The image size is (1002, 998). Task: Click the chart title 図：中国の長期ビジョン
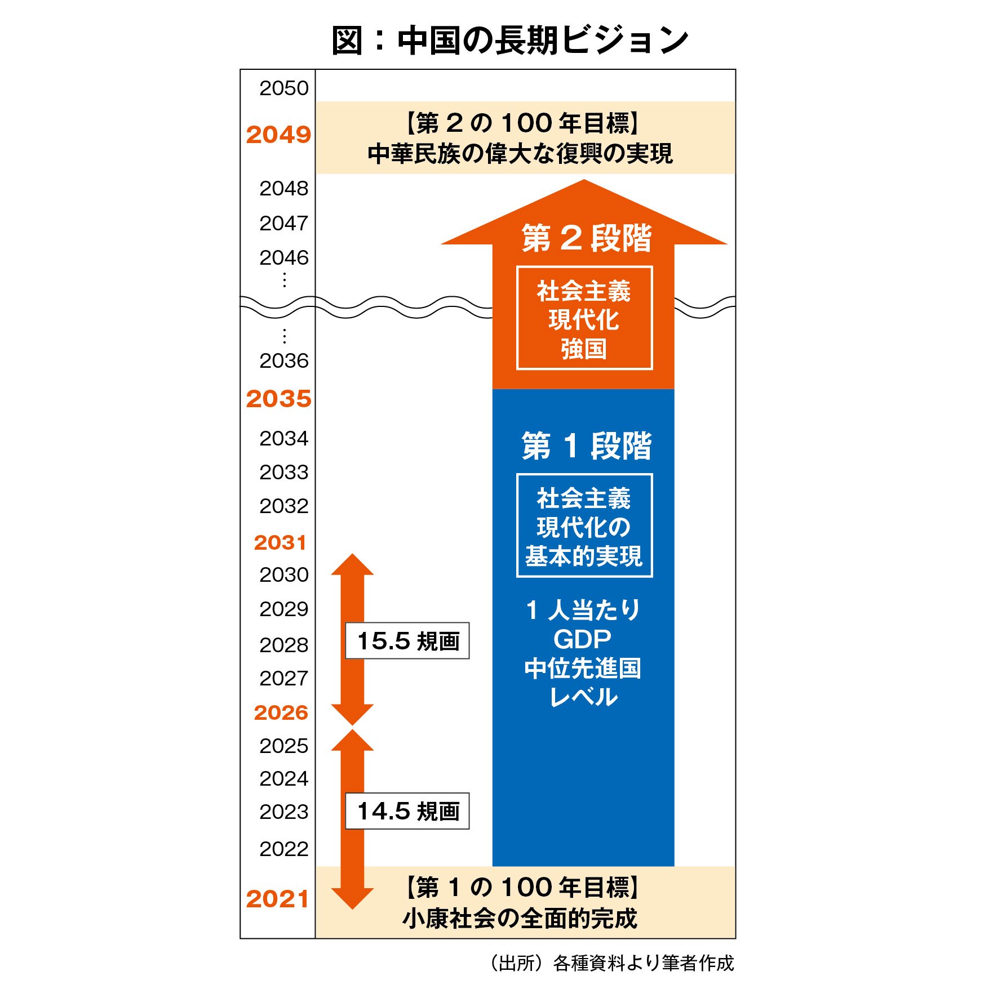tap(509, 41)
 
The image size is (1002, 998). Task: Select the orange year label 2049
tap(278, 135)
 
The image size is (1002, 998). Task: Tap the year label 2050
tap(284, 88)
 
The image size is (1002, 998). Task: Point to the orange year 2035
tap(278, 399)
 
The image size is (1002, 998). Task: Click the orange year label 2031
tap(280, 542)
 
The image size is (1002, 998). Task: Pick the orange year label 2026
tap(281, 712)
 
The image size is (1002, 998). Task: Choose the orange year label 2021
tap(277, 899)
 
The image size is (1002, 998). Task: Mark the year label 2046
tap(284, 258)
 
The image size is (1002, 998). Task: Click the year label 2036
tap(284, 361)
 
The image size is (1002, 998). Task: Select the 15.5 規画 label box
tap(407, 641)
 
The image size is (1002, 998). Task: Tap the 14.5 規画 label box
tap(407, 811)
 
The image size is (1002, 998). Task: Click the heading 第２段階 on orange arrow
tap(586, 238)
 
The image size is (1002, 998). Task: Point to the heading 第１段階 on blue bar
tap(586, 446)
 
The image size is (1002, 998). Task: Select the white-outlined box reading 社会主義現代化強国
tap(584, 318)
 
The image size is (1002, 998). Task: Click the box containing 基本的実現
tap(584, 526)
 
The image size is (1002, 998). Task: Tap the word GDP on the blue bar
tap(583, 639)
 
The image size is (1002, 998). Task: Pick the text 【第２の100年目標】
tap(522, 123)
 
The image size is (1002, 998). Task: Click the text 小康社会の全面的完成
tap(520, 919)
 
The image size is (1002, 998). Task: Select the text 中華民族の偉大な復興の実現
tap(520, 154)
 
